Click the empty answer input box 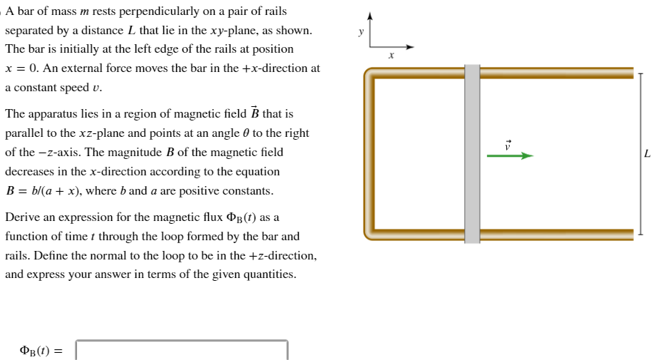(182, 350)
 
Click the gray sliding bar (472, 154)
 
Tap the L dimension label (647, 153)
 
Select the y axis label (361, 31)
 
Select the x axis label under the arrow (391, 55)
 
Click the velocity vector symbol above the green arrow (508, 143)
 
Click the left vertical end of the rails (369, 154)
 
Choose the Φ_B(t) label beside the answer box (41, 351)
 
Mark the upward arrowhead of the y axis (369, 16)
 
